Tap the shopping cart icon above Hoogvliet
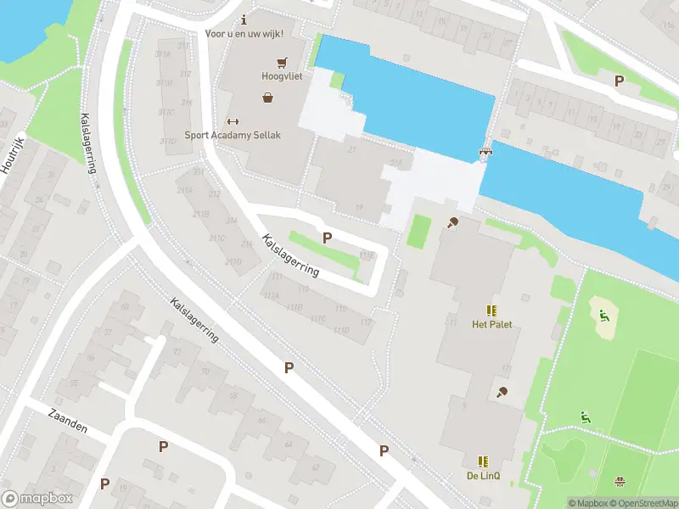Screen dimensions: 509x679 (x=281, y=61)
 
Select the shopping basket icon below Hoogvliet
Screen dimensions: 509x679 (x=269, y=98)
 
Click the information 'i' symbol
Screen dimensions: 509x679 (x=244, y=20)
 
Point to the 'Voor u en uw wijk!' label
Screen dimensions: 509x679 (x=244, y=34)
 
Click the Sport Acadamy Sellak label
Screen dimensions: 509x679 (x=233, y=135)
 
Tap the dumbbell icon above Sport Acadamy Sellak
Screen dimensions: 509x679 (x=233, y=121)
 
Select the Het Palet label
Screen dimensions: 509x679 (x=491, y=324)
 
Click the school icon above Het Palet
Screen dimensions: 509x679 (x=491, y=310)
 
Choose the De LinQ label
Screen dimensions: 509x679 (x=483, y=476)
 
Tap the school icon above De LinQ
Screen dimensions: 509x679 (x=483, y=461)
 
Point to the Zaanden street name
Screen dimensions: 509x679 (x=67, y=420)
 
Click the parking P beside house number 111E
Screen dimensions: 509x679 (x=326, y=238)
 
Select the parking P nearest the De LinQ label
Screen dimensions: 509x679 (x=384, y=450)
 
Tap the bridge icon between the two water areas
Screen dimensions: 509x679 (x=485, y=153)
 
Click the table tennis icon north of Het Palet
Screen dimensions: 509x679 (x=453, y=223)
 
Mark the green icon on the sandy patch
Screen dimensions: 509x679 (x=603, y=316)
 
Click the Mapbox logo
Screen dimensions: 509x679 (x=36, y=499)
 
